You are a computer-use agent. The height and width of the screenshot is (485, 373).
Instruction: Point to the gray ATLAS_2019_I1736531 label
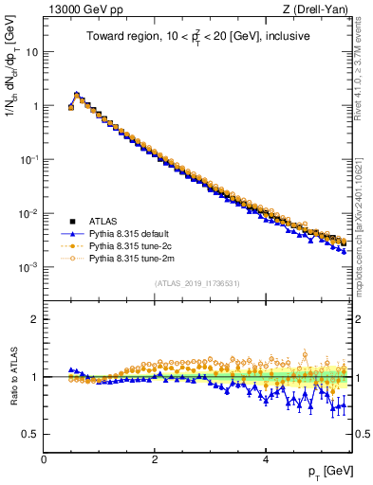(198, 283)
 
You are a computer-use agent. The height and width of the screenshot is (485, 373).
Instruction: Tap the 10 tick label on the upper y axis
(32, 52)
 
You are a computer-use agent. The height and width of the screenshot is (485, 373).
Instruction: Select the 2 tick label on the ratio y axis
(35, 319)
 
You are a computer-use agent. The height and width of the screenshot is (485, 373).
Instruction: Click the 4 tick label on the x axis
(265, 458)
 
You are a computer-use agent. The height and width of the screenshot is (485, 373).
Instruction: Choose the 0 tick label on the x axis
(44, 458)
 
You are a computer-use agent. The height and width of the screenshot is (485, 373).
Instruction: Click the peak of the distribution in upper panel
(77, 94)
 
